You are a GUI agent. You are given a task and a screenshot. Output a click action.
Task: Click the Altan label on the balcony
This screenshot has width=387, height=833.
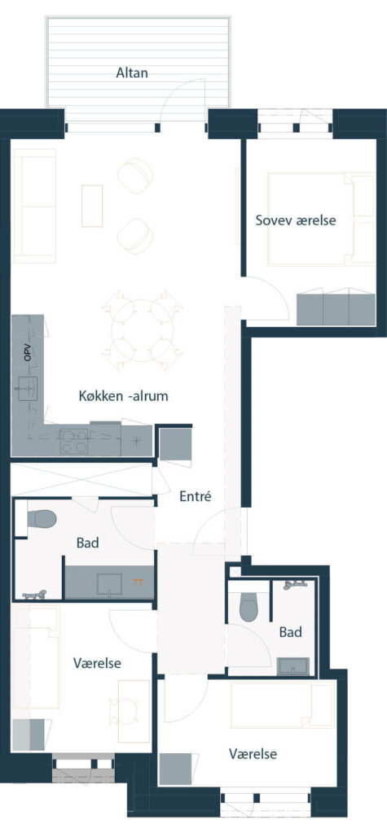point(132,72)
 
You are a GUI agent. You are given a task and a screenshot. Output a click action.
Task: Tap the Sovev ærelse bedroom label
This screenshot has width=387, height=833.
point(296,220)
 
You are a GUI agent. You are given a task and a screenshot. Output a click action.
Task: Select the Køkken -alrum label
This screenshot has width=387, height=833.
point(124,396)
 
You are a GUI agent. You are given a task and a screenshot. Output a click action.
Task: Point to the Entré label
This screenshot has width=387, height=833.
point(195,497)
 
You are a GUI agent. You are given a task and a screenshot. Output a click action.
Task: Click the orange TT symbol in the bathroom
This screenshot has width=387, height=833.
point(139,582)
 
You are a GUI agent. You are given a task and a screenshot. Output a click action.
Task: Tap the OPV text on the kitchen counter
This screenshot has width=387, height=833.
point(27,354)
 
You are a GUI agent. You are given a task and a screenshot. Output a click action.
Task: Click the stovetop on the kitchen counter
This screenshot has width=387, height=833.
point(74,441)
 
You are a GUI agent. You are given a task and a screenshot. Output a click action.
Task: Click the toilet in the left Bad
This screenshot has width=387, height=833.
point(42,519)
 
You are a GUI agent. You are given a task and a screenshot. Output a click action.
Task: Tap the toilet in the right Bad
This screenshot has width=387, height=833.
point(248,606)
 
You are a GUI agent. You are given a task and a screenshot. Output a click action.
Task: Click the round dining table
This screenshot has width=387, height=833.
point(142,330)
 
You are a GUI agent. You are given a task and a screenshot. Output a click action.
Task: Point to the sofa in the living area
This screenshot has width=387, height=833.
point(34,206)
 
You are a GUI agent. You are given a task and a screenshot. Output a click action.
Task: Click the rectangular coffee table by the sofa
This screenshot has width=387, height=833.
point(91,206)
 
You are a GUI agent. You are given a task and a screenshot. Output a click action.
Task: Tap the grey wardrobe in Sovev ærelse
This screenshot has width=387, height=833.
point(336,308)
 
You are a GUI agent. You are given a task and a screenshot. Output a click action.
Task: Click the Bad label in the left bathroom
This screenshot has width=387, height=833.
point(88,543)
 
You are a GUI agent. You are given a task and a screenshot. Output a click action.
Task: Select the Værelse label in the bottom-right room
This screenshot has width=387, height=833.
point(253,754)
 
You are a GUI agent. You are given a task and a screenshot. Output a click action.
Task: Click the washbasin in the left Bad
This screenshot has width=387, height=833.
point(110,583)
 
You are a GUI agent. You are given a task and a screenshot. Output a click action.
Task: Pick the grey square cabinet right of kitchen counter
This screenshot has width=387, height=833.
point(176,444)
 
